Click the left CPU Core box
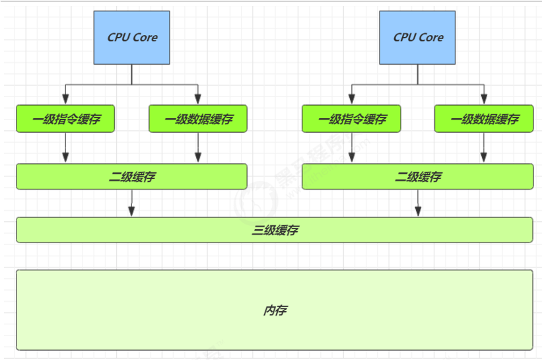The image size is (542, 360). (x=132, y=38)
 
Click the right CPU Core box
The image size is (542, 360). (x=418, y=38)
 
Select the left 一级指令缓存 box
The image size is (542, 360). (x=65, y=119)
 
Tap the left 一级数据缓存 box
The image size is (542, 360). (x=198, y=119)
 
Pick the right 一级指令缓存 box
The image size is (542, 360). (x=351, y=119)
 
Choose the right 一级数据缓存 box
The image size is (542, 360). (x=484, y=119)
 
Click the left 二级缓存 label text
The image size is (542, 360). (x=132, y=177)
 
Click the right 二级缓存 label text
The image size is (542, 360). (x=418, y=177)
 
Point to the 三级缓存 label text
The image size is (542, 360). (x=275, y=230)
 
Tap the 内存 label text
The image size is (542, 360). (x=275, y=310)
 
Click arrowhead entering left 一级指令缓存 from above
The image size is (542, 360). (x=65, y=100)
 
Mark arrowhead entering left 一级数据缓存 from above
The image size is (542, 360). (x=198, y=100)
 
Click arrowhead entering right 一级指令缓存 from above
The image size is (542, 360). (x=351, y=100)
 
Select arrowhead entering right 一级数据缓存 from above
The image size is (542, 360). (x=484, y=100)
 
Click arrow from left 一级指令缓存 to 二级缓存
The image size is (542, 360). (x=65, y=148)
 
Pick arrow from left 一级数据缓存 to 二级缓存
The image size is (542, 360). (x=198, y=148)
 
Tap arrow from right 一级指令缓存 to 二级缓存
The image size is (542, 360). (x=351, y=148)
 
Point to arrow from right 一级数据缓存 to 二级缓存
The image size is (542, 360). (x=484, y=148)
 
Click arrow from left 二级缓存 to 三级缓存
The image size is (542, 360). (x=132, y=203)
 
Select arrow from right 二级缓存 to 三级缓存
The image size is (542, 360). (x=418, y=203)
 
